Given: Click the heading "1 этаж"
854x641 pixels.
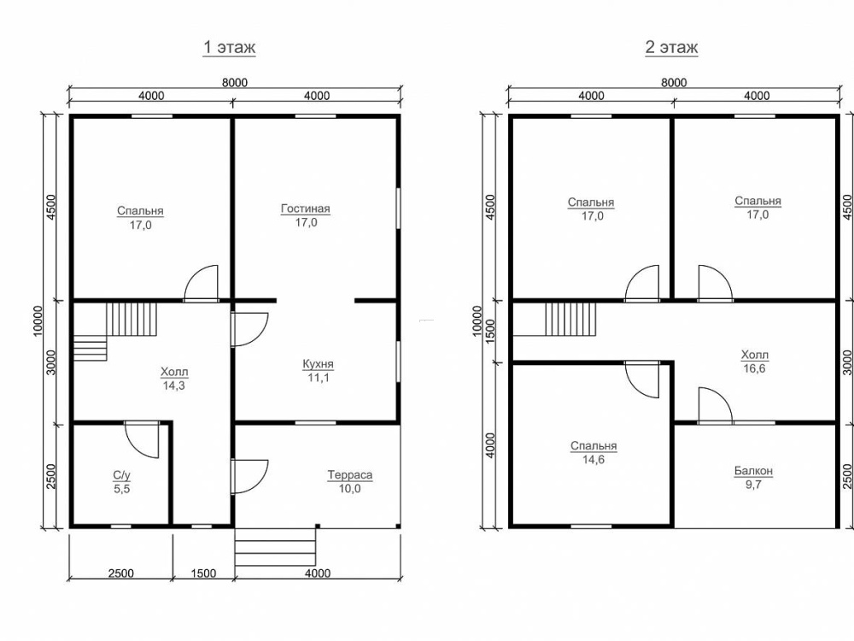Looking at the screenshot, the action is [229, 47].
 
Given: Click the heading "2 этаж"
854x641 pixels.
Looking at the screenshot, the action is [671, 47].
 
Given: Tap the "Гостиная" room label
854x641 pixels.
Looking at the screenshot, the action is [306, 209].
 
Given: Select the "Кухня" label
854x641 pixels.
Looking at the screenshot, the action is [318, 363].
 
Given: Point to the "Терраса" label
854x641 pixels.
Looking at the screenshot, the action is [350, 474].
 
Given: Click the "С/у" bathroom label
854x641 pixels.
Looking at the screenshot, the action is [121, 475].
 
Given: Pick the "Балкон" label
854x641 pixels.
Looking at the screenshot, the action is [753, 470].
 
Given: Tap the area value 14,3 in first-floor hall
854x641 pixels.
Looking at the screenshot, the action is [173, 386].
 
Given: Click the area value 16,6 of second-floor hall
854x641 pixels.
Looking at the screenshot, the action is [754, 368].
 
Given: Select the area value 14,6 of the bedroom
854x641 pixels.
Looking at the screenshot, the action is [594, 460].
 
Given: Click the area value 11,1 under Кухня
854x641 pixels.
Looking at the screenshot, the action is [318, 378].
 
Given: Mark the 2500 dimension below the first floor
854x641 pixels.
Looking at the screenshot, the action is [121, 573].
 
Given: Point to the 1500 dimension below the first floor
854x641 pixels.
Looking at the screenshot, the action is [203, 573].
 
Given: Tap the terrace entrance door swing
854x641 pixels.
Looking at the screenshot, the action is [249, 477].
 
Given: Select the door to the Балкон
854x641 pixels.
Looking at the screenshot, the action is [715, 405].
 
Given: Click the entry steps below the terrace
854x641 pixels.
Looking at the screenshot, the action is [275, 547].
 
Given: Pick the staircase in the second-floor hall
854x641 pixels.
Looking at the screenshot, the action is [570, 320].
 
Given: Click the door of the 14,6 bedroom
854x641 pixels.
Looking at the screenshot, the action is [642, 380].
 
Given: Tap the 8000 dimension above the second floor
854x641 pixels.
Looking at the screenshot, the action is [674, 82].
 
